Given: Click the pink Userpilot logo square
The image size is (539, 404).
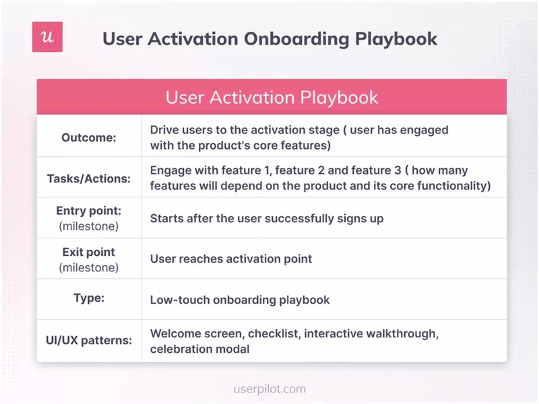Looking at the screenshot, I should pos(47,37).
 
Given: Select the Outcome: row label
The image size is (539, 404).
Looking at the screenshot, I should pos(89,137).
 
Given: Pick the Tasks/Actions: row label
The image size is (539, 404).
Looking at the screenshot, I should pos(89,178).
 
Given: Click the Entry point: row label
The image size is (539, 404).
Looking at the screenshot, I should pos(89,211).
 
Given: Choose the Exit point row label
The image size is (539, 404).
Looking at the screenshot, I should pos(89,252).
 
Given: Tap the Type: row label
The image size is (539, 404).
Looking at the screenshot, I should pos(89,298).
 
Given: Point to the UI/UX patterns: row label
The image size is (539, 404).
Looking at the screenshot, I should pos(89,341).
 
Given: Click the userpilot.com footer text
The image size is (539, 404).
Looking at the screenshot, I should pos(269,389).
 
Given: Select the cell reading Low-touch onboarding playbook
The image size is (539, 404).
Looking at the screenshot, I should pos(240,300).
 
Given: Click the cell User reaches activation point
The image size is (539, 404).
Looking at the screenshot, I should pos(231,259).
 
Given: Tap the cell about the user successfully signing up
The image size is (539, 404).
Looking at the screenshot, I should pos(267,218).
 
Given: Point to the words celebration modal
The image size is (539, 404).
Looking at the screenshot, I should pos(199,349).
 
